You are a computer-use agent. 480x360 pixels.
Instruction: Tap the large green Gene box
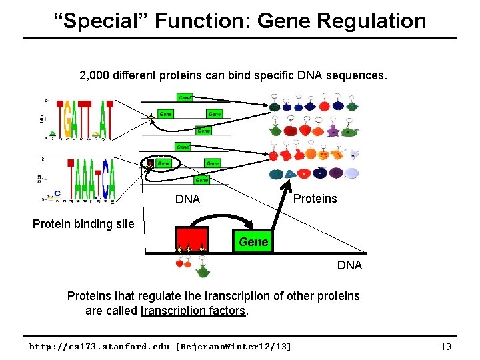click(253, 242)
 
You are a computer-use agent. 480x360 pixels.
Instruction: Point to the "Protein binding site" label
click(83, 224)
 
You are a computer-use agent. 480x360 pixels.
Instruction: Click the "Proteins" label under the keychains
click(315, 199)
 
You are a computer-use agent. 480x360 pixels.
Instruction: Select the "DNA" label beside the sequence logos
click(187, 199)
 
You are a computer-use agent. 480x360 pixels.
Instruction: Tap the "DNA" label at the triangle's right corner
click(349, 265)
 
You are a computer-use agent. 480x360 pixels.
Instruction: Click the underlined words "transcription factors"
click(193, 311)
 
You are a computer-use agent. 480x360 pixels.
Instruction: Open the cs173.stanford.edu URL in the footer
click(160, 347)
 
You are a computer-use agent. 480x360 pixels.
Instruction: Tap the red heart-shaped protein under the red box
click(179, 264)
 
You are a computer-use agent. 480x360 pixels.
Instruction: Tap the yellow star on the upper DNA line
click(151, 118)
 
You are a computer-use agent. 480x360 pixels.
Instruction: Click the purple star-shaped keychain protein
click(347, 129)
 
